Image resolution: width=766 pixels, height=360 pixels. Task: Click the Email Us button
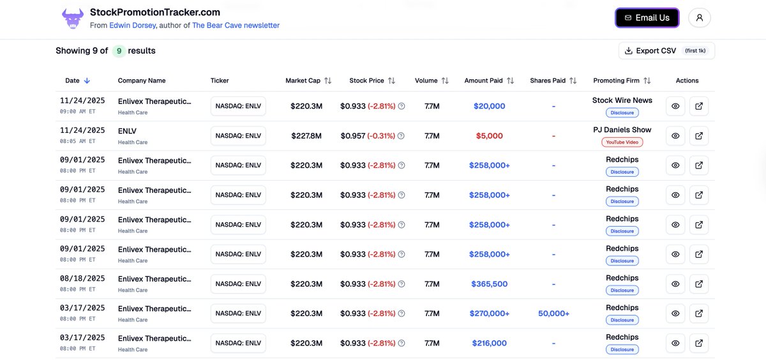coord(647,18)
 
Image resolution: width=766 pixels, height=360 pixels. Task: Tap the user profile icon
coord(700,18)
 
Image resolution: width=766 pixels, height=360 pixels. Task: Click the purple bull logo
coord(73,18)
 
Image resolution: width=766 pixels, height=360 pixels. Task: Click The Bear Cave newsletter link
coord(236,26)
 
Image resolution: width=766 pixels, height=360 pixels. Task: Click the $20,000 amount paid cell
coord(489,107)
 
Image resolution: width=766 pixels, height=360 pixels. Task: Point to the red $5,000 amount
coord(489,136)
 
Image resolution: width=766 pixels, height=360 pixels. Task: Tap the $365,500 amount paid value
coord(489,284)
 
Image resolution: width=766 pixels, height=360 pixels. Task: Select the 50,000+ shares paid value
coord(553,313)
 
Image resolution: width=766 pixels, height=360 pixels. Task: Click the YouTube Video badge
coord(622,142)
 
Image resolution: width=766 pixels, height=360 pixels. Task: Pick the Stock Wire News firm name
coord(622,100)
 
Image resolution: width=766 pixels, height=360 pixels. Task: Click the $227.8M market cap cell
coord(306,136)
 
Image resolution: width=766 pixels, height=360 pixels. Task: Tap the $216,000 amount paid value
coord(489,343)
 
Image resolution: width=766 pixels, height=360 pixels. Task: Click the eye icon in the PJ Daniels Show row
coord(675,136)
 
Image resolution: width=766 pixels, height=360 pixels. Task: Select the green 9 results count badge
coord(119,51)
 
